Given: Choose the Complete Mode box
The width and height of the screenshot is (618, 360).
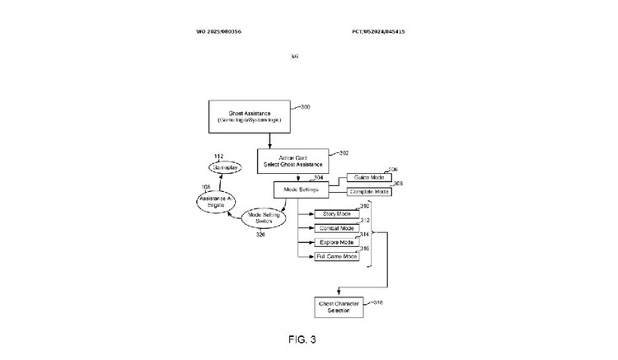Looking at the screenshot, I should [x=363, y=191].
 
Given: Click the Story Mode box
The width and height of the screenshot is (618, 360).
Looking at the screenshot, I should [x=335, y=213].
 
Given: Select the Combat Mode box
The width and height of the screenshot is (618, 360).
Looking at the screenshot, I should [x=335, y=227].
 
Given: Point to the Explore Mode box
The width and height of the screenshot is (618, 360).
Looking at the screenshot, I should [x=335, y=243].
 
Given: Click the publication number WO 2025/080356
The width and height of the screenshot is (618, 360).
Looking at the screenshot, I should [x=218, y=31].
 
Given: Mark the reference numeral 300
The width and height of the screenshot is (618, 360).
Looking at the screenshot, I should [x=306, y=107].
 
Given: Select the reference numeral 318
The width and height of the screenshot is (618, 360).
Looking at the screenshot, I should [x=377, y=302].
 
